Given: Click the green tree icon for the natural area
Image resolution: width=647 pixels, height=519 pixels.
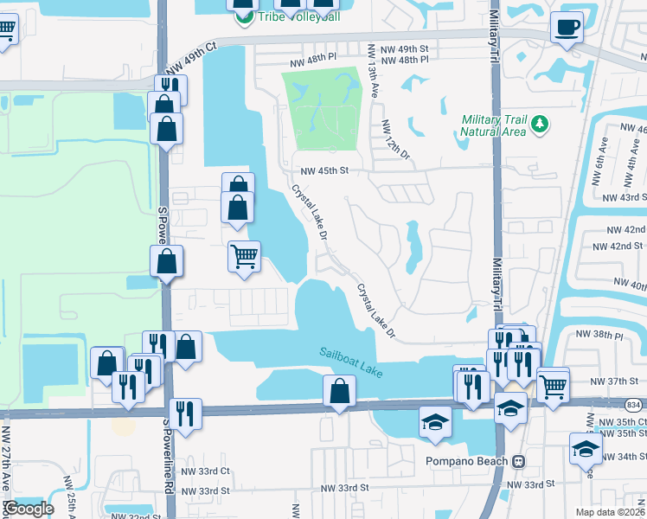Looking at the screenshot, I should pos(540,125).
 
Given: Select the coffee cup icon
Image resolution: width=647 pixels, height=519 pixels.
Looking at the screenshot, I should pos(568,28).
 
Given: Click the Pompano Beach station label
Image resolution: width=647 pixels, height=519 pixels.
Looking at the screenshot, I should pos(469,460).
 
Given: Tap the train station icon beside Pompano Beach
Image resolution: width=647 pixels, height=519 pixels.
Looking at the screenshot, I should pos(519,460).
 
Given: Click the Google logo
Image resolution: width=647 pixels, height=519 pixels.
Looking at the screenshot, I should pos(29,508).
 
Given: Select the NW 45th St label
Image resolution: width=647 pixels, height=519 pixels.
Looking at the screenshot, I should pos(323,171).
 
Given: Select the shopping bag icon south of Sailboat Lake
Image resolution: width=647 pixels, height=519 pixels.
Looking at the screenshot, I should pos(340,392).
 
